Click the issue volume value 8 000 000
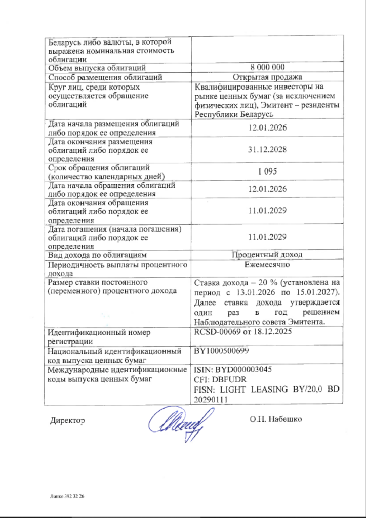tap(267, 68)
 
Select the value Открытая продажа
tap(267, 77)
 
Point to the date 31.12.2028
tap(267, 150)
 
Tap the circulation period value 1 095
tap(267, 171)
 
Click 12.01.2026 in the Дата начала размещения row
tap(267, 127)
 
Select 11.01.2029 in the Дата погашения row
tap(267, 236)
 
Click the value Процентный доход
tap(267, 255)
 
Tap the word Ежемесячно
tap(267, 264)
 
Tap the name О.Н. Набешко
tap(275, 419)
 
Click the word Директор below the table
tap(67, 420)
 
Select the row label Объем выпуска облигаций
tap(97, 68)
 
